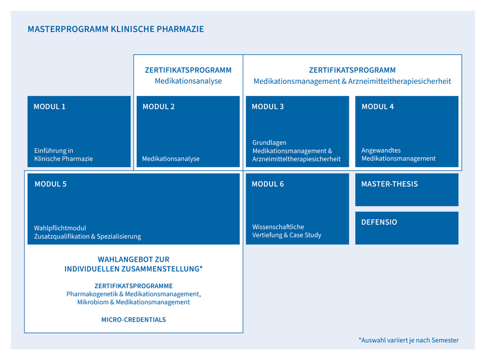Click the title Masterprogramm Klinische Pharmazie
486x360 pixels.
[115, 29]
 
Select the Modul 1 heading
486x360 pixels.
[49, 107]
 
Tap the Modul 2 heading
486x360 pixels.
[159, 107]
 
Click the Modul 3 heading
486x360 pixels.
[268, 107]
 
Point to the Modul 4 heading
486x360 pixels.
[378, 107]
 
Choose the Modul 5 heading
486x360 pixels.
[50, 184]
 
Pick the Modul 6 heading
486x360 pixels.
[268, 184]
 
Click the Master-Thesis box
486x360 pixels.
[407, 190]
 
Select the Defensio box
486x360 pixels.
[407, 228]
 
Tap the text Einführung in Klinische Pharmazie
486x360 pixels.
[64, 154]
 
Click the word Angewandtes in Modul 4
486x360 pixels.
[381, 150]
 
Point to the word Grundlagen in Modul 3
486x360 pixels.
[269, 142]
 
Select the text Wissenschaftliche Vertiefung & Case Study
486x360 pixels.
[287, 231]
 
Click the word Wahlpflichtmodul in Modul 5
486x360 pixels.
[60, 228]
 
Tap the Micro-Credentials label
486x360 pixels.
[134, 320]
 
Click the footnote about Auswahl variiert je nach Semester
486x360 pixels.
[409, 340]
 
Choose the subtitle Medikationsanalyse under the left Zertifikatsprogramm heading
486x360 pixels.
[188, 81]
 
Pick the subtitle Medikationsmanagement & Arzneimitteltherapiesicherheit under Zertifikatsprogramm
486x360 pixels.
[352, 81]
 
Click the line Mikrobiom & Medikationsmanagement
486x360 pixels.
[134, 303]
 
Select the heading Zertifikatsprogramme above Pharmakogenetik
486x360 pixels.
[134, 286]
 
